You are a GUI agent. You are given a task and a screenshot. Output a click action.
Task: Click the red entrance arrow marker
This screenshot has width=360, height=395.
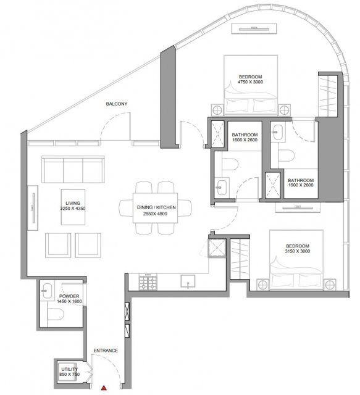point(104,388)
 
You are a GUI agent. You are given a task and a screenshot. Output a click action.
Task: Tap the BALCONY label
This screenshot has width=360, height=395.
point(117,104)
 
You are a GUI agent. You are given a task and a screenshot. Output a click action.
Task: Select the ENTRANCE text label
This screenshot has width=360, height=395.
point(106,351)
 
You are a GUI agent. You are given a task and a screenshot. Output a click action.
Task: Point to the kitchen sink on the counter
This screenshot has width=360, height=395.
point(188,281)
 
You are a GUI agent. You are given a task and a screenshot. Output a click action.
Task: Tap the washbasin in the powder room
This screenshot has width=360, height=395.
point(47,291)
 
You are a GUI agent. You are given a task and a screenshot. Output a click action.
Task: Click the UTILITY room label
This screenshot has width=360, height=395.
point(70,369)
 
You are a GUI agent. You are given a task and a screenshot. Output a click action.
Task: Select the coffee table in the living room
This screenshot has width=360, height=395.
point(73,207)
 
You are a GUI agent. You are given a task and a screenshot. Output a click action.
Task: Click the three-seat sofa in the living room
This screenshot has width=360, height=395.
point(73,169)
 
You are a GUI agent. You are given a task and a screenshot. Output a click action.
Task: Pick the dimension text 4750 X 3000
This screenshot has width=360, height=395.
point(250,82)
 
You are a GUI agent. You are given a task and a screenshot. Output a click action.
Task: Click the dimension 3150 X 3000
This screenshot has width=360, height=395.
point(298,251)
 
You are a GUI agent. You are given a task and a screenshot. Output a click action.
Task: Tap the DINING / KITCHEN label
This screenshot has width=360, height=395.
point(156,207)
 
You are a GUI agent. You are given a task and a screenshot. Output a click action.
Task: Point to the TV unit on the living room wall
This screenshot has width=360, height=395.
point(33,208)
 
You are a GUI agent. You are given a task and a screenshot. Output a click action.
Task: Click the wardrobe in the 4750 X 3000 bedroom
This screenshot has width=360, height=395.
point(328,96)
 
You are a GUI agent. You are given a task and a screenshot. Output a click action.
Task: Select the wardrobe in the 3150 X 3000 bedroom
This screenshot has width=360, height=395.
point(240,259)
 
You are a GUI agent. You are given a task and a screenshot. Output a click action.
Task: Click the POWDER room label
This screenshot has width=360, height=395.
point(69,296)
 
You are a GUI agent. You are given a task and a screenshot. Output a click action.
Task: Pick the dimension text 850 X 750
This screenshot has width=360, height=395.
point(70,375)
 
